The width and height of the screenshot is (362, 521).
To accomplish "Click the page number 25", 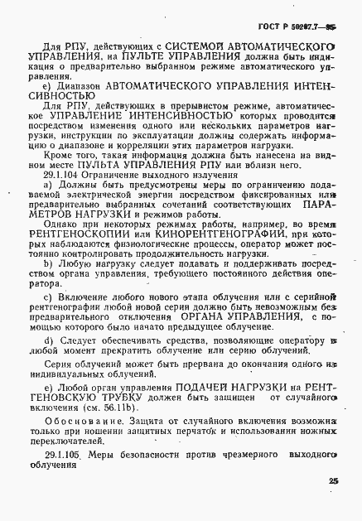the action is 333,481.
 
